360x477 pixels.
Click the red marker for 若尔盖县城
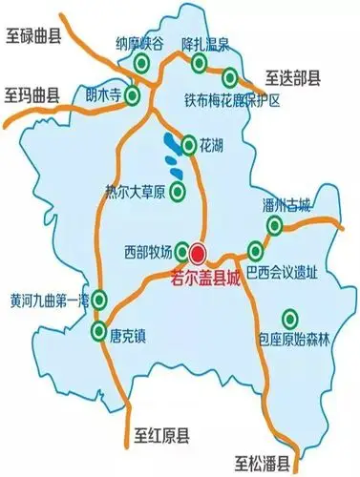(x=198, y=253)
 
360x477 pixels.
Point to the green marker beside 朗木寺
(x=133, y=96)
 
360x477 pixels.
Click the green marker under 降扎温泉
(x=200, y=64)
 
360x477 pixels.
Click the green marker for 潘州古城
(x=274, y=225)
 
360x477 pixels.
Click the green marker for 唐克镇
(x=99, y=332)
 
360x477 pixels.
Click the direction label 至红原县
(x=165, y=438)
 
